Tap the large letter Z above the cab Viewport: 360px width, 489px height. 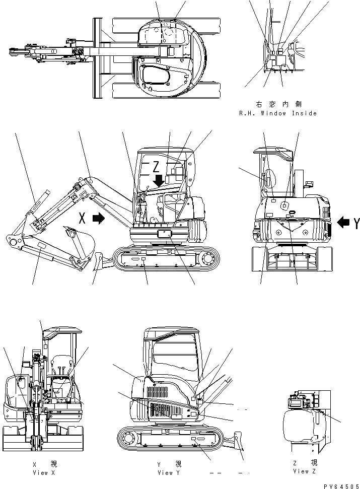158,166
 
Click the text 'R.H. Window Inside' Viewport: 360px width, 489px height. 278,113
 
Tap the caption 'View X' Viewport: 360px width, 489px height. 40,472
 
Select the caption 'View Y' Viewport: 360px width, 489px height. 165,472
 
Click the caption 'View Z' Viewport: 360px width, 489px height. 305,471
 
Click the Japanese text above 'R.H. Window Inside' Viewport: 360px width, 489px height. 278,104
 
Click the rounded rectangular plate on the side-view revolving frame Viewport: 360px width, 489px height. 165,234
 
